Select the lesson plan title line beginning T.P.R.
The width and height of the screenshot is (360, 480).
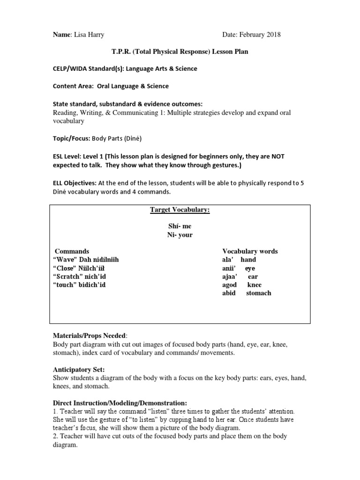[x=180, y=52]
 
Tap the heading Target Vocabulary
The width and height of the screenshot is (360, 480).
[x=180, y=210]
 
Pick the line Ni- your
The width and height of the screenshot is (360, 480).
[x=180, y=235]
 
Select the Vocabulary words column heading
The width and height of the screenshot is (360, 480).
[x=250, y=251]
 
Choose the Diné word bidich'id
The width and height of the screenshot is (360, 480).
[x=92, y=285]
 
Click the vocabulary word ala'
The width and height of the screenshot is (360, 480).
[x=228, y=260]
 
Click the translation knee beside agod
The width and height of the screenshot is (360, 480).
[x=254, y=285]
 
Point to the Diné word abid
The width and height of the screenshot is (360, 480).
[x=229, y=293]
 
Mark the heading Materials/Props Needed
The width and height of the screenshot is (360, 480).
[x=89, y=336]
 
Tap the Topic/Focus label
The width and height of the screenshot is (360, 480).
[x=71, y=139]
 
